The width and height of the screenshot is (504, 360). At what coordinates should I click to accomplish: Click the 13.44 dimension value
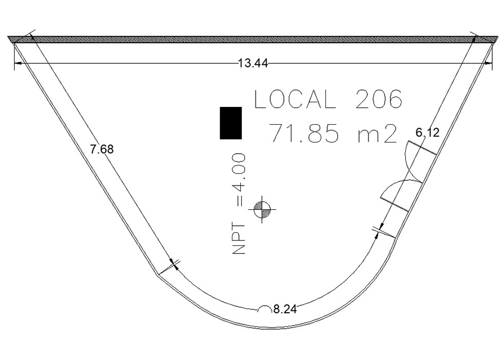[x=253, y=63]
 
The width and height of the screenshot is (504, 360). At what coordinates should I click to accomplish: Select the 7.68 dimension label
[x=102, y=150]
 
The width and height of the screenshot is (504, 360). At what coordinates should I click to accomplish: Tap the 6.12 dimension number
[x=428, y=132]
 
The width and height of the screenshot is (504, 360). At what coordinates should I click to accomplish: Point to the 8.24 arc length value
[x=285, y=309]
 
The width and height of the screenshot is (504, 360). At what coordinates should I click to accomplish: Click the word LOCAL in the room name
[x=295, y=99]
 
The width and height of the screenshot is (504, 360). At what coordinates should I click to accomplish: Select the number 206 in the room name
[x=379, y=99]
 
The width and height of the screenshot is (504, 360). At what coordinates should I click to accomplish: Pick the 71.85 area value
[x=303, y=133]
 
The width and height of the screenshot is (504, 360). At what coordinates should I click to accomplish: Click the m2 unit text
[x=377, y=134]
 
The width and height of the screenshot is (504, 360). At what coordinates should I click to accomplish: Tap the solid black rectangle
[x=231, y=123]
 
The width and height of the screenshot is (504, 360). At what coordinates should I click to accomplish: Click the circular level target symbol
[x=262, y=209]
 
